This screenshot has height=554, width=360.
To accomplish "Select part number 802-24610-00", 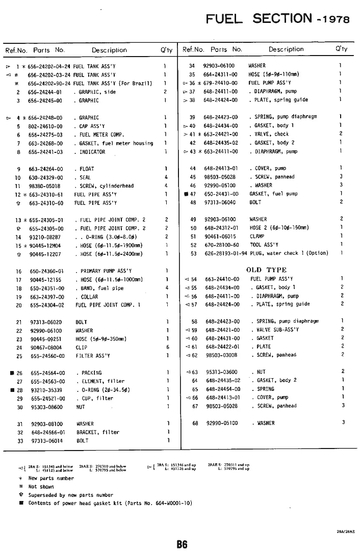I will (45, 126).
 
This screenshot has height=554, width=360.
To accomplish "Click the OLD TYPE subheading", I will (266, 270).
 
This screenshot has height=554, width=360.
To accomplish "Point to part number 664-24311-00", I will (220, 74).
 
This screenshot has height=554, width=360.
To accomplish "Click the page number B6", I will (182, 544).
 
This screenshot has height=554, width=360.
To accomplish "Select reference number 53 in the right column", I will (193, 253).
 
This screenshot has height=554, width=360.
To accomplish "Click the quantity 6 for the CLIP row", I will (167, 347).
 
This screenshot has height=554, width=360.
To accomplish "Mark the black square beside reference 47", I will (186, 194).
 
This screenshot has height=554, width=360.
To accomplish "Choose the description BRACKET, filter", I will (98, 432).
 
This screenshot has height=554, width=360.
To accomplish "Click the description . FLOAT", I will (84, 169).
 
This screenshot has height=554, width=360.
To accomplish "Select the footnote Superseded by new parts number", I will (70, 495).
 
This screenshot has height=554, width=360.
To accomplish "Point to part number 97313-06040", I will (220, 202).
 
